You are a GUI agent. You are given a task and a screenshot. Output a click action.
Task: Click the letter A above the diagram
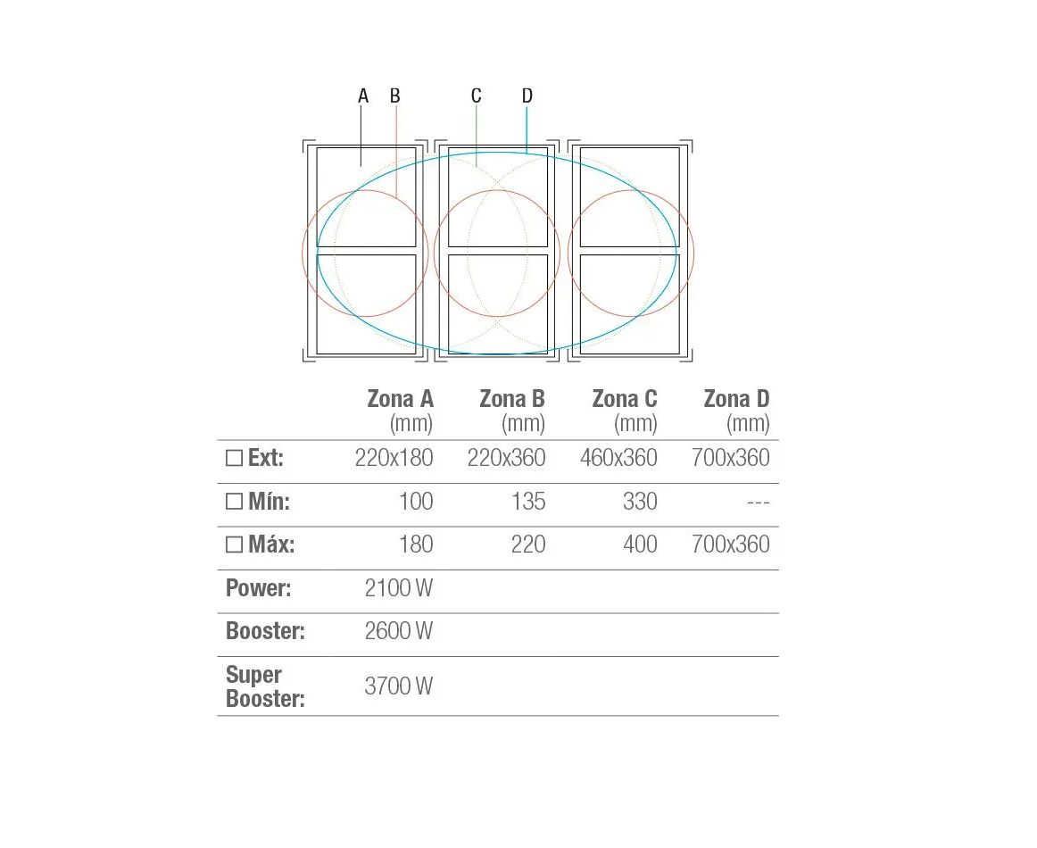[363, 96]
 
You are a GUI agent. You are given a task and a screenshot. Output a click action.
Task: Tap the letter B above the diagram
[394, 96]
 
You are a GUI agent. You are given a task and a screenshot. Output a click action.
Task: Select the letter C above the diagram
[477, 96]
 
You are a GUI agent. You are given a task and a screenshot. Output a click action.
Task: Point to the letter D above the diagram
[527, 96]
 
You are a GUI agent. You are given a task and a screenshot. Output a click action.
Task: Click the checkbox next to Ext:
[234, 459]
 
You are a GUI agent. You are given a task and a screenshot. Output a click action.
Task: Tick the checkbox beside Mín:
[234, 502]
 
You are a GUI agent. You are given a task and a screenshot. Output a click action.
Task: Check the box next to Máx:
[234, 545]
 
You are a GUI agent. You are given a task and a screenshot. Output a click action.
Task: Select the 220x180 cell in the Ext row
[394, 458]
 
